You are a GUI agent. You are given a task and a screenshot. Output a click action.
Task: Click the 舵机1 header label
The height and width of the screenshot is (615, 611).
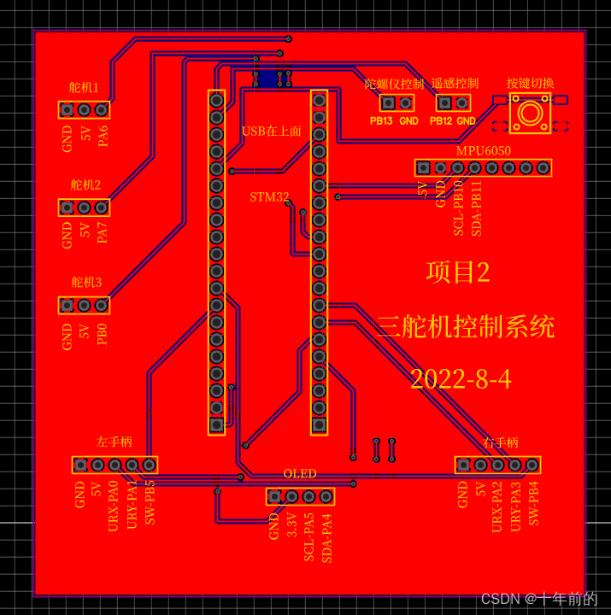tap(84, 88)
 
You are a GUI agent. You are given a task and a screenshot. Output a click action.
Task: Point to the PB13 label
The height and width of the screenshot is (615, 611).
tap(381, 121)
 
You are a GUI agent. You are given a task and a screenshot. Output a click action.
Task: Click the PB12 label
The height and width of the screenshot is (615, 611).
tap(440, 121)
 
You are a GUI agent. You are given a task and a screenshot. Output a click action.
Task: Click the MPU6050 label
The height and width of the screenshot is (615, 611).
tap(483, 151)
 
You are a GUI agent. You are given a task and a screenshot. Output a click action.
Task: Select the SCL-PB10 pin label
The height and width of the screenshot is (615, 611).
tap(459, 208)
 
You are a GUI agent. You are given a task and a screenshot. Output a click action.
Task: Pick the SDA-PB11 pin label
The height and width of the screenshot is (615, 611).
tap(477, 208)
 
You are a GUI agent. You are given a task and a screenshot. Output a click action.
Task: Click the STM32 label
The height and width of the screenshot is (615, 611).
tap(269, 197)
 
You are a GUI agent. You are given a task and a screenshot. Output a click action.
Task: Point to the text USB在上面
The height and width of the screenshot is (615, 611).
tap(272, 132)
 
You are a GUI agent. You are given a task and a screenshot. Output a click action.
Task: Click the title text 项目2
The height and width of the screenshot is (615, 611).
tap(458, 272)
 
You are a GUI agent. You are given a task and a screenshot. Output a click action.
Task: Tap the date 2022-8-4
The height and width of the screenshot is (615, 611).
tap(461, 379)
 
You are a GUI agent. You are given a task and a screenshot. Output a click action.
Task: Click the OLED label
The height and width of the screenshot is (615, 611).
tap(300, 474)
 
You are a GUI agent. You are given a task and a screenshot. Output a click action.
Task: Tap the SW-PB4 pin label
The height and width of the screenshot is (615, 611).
tap(533, 503)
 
